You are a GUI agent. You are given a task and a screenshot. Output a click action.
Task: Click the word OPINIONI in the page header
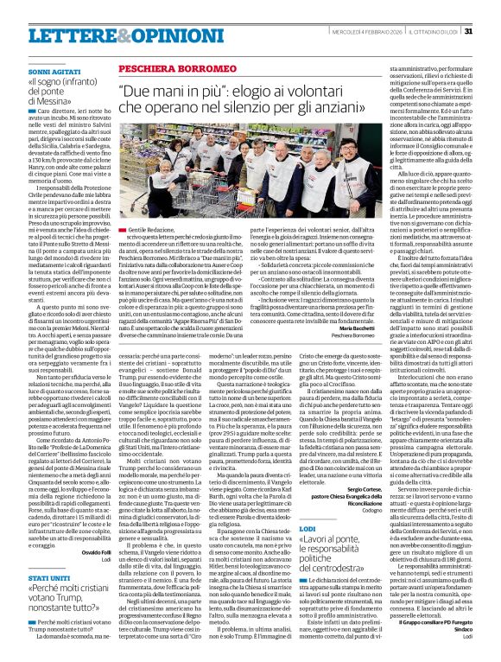click(130, 31)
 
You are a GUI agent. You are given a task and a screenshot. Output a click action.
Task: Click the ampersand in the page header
click(93, 31)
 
